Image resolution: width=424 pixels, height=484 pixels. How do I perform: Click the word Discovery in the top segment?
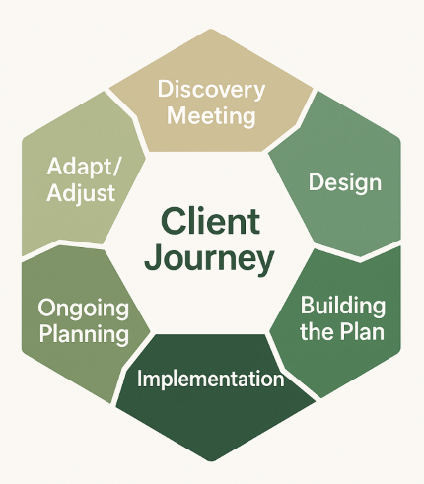(211, 90)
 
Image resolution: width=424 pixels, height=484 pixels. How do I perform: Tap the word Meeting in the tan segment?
(211, 115)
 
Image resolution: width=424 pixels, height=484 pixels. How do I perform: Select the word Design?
(344, 182)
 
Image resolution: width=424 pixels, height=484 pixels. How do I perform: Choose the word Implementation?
(211, 379)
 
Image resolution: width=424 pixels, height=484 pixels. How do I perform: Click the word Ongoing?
(84, 309)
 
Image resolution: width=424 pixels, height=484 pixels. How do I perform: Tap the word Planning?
(84, 334)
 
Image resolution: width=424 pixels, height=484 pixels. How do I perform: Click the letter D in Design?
(315, 182)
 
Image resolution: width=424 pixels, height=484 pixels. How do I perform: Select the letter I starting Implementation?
(140, 379)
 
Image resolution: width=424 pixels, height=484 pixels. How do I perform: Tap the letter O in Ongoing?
(46, 308)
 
